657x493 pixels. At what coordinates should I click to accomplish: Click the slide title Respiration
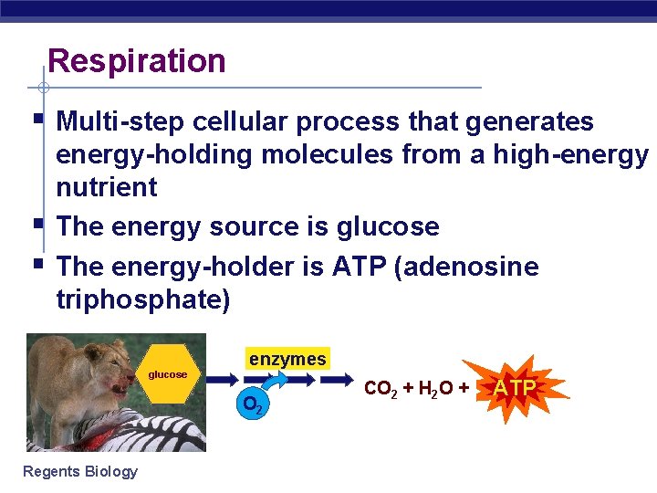tap(137, 61)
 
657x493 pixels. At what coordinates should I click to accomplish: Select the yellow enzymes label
tap(287, 359)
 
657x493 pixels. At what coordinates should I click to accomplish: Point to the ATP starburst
tap(516, 388)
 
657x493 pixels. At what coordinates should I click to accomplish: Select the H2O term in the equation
tap(431, 389)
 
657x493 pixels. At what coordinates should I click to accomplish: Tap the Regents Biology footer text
tap(81, 471)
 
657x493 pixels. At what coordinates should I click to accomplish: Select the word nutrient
tap(107, 187)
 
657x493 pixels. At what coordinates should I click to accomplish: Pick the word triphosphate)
tap(143, 299)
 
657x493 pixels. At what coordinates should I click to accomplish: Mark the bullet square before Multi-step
tap(37, 119)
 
